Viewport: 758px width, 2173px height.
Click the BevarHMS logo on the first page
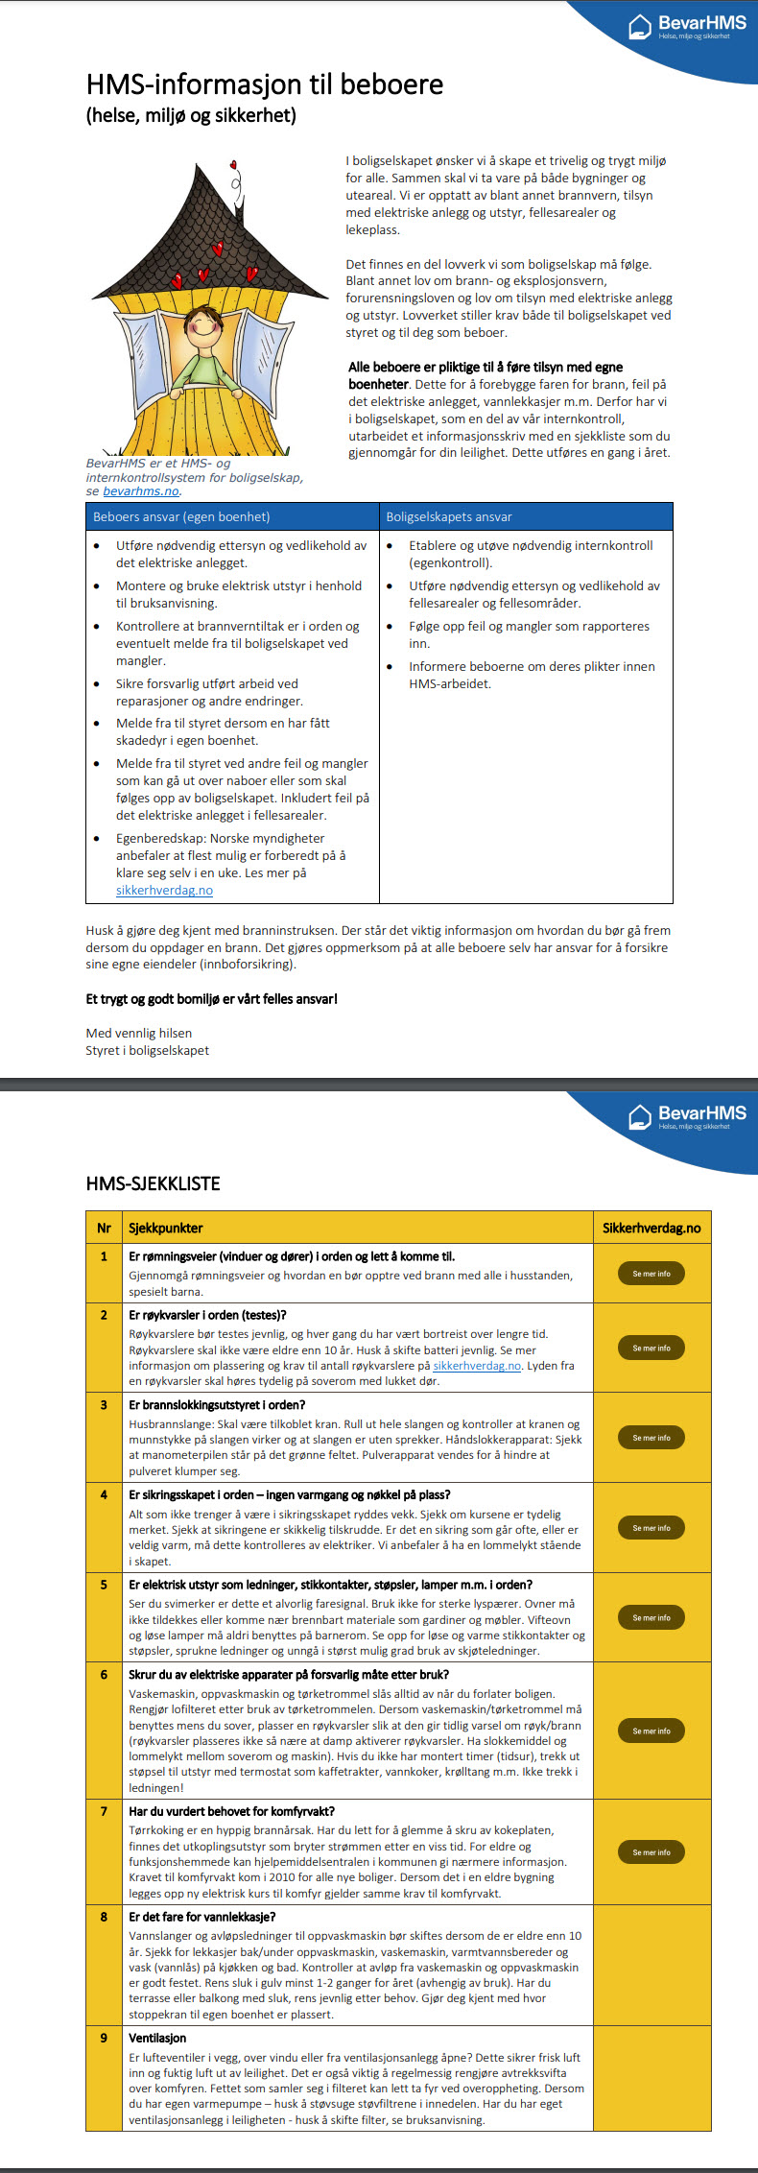(x=687, y=26)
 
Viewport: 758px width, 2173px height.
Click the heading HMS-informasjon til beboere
(x=264, y=84)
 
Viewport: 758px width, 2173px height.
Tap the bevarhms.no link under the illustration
(x=141, y=491)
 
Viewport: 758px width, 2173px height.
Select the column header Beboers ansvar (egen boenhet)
(x=181, y=516)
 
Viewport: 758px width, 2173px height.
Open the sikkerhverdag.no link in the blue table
(x=164, y=890)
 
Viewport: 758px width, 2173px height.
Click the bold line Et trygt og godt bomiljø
(x=211, y=998)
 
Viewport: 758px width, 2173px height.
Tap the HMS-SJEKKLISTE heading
(x=153, y=1183)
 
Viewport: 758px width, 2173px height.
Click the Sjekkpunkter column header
(x=165, y=1228)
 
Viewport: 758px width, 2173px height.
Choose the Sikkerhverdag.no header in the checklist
(x=651, y=1228)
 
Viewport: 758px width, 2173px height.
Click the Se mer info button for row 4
(x=651, y=1528)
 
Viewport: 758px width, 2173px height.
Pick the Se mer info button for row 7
(x=651, y=1852)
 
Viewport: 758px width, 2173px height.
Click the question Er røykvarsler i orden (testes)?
(x=207, y=1315)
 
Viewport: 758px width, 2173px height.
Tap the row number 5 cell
(x=104, y=1585)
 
